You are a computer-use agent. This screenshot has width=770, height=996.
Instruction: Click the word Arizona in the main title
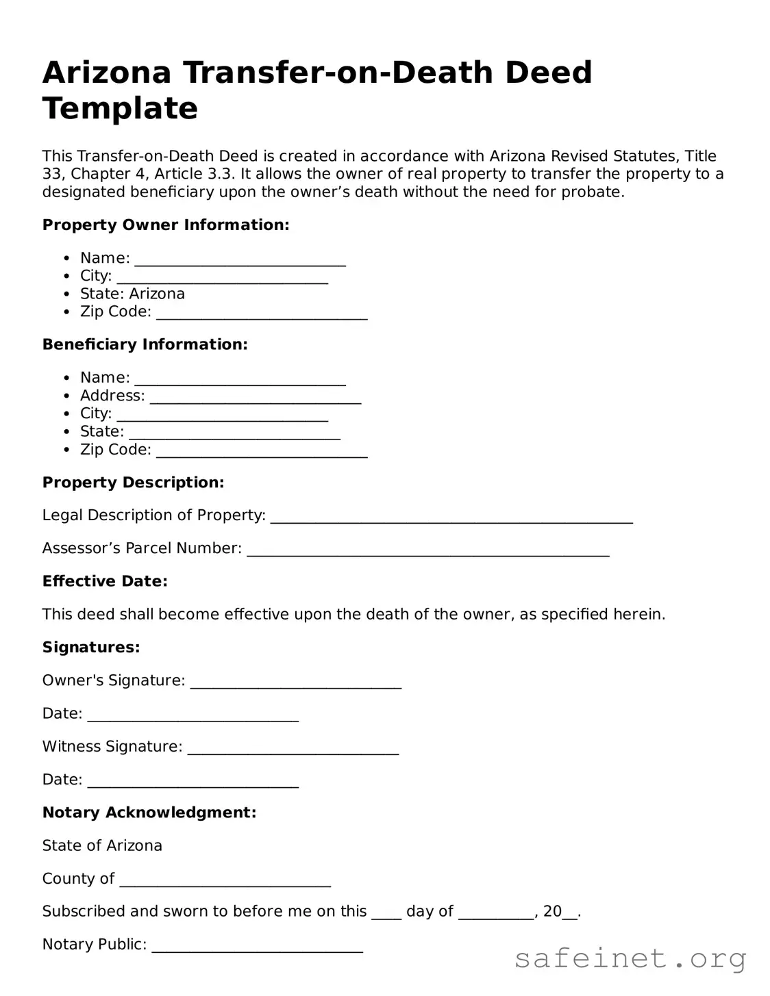point(106,73)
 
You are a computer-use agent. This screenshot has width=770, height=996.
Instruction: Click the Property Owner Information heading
point(166,225)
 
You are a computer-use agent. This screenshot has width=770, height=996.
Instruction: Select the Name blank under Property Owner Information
point(240,259)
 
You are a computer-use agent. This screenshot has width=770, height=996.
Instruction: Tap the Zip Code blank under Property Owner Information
point(262,314)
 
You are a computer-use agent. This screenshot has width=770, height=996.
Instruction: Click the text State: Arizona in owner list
point(132,294)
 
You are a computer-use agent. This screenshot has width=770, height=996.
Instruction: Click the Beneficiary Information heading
point(145,344)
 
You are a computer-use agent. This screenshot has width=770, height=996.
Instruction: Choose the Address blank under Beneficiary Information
point(255,397)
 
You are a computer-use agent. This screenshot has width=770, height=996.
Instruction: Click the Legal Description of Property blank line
point(451,517)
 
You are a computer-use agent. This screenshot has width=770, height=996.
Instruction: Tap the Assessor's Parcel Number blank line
point(427,550)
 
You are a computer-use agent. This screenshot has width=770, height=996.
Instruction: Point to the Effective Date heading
point(105,581)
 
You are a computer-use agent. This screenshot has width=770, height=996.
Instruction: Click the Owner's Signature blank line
point(295,682)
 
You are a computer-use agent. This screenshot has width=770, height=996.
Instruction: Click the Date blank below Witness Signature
point(192,781)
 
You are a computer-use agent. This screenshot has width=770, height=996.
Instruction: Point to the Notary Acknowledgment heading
point(149,813)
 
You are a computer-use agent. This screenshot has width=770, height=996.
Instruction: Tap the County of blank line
point(225,880)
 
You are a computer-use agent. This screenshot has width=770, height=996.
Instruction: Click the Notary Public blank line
point(257,946)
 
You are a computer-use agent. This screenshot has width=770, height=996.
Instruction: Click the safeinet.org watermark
point(630,958)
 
